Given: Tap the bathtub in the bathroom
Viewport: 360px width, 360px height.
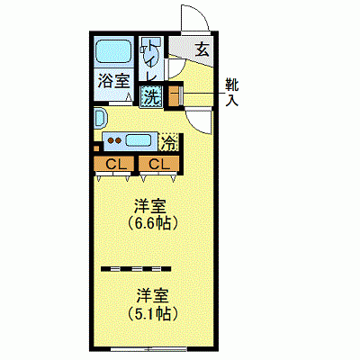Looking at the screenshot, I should pyautogui.click(x=114, y=53).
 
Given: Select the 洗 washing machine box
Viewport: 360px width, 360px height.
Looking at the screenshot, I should pyautogui.click(x=151, y=95).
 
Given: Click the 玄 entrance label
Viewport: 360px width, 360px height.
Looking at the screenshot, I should pyautogui.click(x=203, y=50).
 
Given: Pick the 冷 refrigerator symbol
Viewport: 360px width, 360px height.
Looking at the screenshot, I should pyautogui.click(x=168, y=140).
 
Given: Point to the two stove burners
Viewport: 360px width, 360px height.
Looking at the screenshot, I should pyautogui.click(x=112, y=139).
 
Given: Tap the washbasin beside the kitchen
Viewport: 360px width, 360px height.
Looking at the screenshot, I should pyautogui.click(x=100, y=119).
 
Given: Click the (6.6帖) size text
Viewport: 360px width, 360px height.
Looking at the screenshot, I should pyautogui.click(x=149, y=222).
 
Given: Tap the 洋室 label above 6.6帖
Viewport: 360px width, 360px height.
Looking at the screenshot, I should pyautogui.click(x=149, y=203).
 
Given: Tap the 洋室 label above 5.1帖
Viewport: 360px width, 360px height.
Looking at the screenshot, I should pyautogui.click(x=151, y=294).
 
